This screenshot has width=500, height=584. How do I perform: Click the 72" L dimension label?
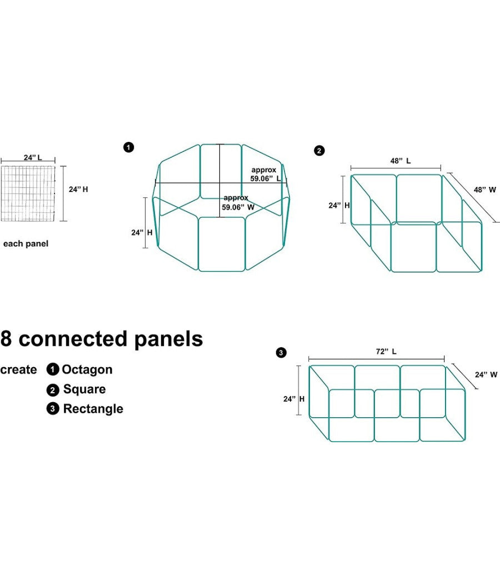tap(386, 352)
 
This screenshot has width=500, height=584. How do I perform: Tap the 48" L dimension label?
tap(400, 161)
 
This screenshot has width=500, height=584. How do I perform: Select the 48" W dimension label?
tap(485, 190)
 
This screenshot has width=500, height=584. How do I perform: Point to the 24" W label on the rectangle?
tap(486, 375)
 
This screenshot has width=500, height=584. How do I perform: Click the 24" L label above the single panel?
tap(33, 157)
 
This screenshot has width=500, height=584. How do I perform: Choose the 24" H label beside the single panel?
tap(78, 189)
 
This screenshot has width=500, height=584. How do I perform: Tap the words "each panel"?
tap(26, 244)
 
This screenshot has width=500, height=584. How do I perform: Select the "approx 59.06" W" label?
tap(238, 202)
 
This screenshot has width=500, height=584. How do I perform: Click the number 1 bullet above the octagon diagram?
tap(128, 147)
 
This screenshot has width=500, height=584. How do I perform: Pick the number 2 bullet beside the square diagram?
tap(319, 151)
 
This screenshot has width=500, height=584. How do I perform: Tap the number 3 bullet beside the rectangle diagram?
tap(281, 353)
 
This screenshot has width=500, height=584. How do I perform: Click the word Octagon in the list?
tap(87, 370)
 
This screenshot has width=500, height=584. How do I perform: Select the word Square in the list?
tap(84, 389)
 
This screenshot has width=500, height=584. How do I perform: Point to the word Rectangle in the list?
tap(93, 409)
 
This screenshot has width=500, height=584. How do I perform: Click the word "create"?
tap(19, 370)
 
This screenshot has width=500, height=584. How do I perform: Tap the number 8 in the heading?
tap(7, 339)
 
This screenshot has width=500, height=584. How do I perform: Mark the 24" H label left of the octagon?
tap(137, 232)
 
